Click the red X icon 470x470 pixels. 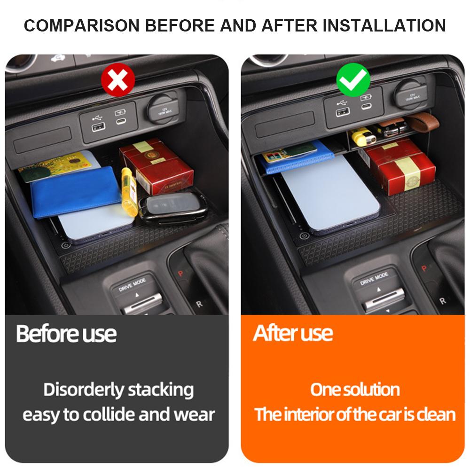(118, 79)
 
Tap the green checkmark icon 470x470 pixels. (354, 79)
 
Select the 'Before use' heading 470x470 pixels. (66, 334)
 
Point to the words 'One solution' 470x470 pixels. (355, 390)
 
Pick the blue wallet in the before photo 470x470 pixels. (75, 192)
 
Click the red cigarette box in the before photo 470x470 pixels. (156, 166)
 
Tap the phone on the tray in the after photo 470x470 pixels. (329, 193)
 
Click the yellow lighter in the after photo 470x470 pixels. (365, 136)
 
